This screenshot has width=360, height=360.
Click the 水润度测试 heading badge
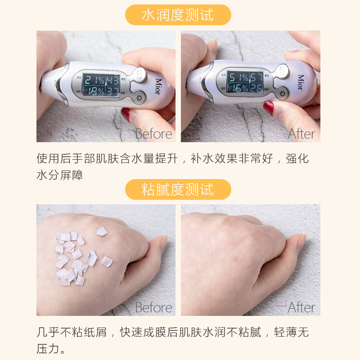[x=178, y=15]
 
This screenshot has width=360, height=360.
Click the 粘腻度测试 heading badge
[x=178, y=189]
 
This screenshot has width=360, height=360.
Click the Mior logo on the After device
[x=300, y=82]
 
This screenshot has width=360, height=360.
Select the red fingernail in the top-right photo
[x=269, y=108]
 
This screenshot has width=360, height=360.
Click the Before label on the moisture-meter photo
[x=153, y=134]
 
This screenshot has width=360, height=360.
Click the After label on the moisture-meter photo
[x=301, y=134]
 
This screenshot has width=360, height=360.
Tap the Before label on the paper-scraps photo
[x=153, y=307]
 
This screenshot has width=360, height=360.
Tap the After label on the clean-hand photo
[x=301, y=307]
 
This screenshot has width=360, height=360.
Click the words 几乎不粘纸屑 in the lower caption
[x=72, y=333]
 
